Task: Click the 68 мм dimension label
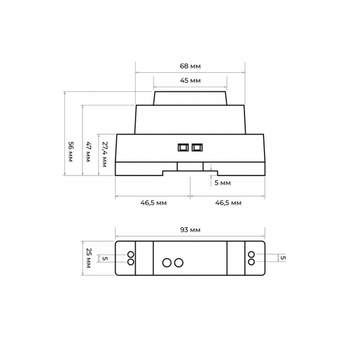click(x=190, y=66)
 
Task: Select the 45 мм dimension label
click(x=190, y=80)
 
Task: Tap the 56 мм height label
click(x=70, y=152)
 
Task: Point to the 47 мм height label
click(x=88, y=152)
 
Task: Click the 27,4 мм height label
click(x=105, y=154)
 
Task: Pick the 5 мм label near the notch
click(x=222, y=183)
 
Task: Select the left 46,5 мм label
click(x=153, y=203)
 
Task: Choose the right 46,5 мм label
click(x=228, y=203)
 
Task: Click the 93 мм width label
click(x=190, y=230)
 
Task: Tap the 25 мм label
click(x=88, y=258)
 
